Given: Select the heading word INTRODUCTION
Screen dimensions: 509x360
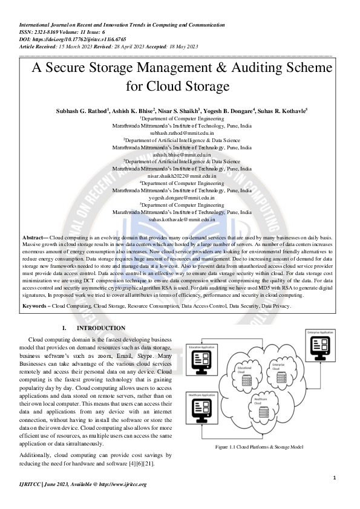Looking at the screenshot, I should [101, 328].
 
